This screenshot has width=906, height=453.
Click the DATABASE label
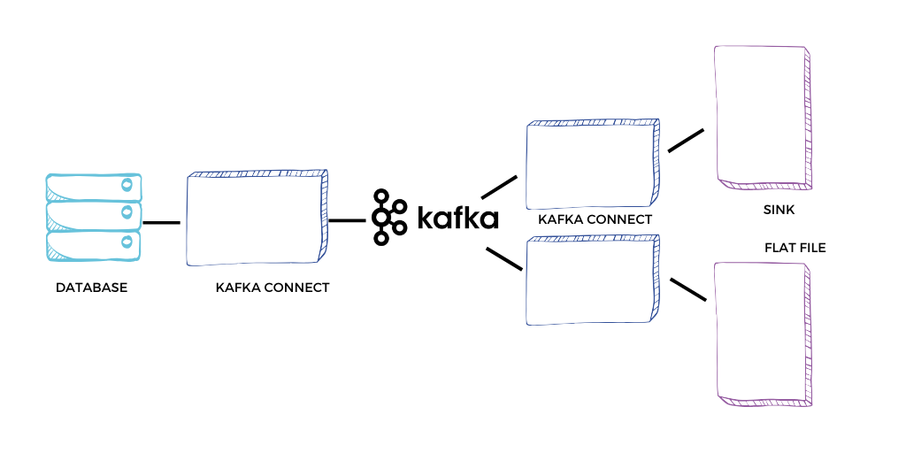(x=91, y=288)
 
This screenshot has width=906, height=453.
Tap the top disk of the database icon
(x=94, y=186)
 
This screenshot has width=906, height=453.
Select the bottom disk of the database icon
(x=94, y=246)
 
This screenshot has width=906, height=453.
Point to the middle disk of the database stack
(x=94, y=216)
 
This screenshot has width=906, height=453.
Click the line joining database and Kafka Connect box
(x=161, y=222)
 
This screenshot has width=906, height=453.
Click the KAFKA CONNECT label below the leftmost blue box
(x=273, y=288)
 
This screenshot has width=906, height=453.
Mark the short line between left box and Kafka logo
(x=347, y=220)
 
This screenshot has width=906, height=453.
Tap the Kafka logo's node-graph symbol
(x=389, y=217)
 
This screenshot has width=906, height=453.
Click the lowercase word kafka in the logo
(x=457, y=218)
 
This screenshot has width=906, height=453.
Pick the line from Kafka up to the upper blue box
(x=499, y=187)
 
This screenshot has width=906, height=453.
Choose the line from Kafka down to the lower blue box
(x=504, y=259)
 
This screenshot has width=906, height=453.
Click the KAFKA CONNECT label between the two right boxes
(x=595, y=219)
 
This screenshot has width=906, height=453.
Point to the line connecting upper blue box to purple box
(x=686, y=141)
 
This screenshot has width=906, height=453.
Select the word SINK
(x=779, y=211)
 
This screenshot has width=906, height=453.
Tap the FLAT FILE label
(x=795, y=248)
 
